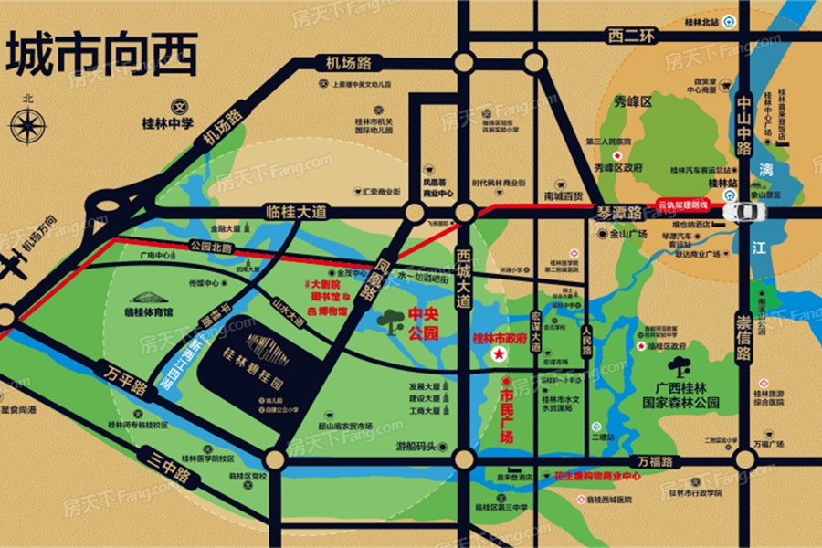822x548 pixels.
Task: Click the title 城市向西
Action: [x=102, y=57]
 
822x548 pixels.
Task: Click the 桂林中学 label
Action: [x=165, y=119]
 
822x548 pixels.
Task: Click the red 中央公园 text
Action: [x=422, y=324]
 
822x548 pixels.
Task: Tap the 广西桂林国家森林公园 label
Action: [x=681, y=395]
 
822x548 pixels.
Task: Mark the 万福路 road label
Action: [x=655, y=462]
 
